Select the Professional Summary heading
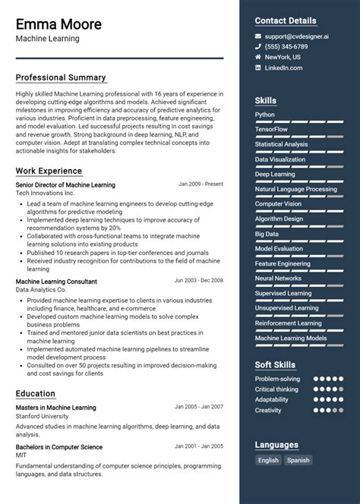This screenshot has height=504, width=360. [x=61, y=77]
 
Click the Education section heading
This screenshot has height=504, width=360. [x=36, y=394]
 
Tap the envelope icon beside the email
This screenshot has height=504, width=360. [x=258, y=36]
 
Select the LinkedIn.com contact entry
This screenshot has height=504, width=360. [x=283, y=68]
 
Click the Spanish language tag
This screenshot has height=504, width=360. [x=298, y=460]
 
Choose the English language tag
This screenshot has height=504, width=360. [x=268, y=460]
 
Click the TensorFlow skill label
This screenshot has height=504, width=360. [x=272, y=130]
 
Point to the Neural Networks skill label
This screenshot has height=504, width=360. [x=278, y=279]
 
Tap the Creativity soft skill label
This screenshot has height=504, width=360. [x=268, y=411]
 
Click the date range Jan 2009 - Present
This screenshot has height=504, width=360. [x=201, y=184]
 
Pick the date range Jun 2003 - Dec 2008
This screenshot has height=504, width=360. [x=198, y=280]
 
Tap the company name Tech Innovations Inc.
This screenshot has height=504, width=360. [x=46, y=194]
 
